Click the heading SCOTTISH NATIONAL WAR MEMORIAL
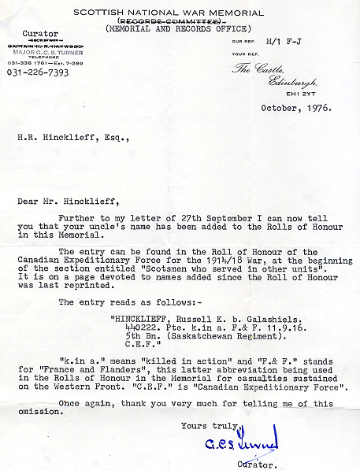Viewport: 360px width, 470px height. pos(179,12)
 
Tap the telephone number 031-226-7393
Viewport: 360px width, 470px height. pos(37,72)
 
